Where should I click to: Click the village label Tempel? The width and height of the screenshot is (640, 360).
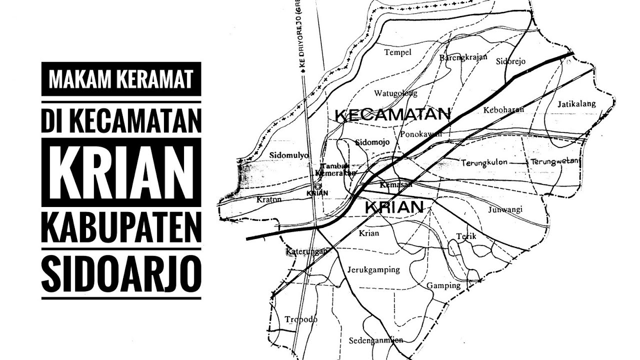tap(397, 52)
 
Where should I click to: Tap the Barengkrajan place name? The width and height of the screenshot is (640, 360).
tap(463, 57)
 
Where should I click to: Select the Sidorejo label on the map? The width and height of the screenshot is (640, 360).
tap(511, 62)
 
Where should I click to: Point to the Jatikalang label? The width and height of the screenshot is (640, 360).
tap(576, 104)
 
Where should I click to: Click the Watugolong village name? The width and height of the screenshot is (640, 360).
tap(395, 93)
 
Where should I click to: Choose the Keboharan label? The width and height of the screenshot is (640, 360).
tap(503, 109)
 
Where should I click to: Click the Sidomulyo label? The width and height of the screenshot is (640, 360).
tap(288, 155)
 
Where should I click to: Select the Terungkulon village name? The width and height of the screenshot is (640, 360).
tap(484, 162)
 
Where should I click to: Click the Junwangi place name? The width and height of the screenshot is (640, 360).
tap(505, 209)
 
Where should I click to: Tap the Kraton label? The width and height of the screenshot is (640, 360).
tap(269, 199)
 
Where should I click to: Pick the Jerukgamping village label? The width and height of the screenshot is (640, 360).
tap(373, 270)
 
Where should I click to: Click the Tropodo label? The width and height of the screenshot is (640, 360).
tap(301, 319)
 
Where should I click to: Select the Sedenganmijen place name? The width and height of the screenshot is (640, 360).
tap(376, 340)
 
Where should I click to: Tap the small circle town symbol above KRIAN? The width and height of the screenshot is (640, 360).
tap(317, 186)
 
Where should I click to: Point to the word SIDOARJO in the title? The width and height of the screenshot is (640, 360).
tap(121, 274)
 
